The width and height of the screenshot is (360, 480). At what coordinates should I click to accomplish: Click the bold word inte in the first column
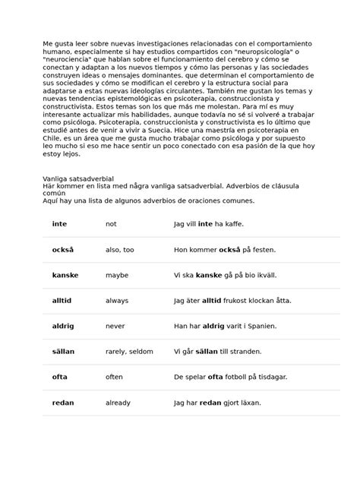58,224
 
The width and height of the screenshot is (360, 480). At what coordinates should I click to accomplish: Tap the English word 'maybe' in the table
117,275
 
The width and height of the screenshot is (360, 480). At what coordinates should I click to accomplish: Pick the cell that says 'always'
117,301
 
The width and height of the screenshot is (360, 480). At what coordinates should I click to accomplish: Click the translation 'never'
115,326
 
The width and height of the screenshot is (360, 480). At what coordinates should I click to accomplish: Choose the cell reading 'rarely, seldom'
129,352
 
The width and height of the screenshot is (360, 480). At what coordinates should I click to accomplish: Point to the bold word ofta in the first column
59,377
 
